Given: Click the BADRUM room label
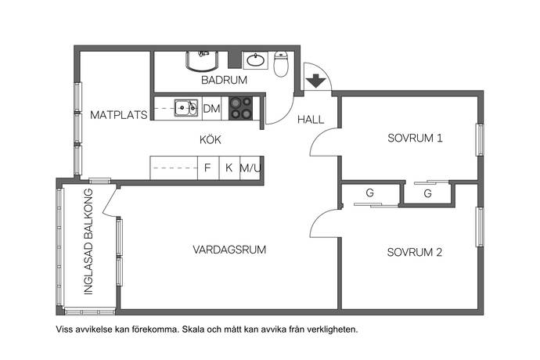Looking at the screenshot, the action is tap(224, 80).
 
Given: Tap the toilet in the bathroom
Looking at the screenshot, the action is tap(281, 64).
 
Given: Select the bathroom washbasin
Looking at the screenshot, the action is tap(255, 60).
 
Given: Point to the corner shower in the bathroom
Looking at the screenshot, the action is tap(203, 61).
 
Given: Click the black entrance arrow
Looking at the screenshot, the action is tap(316, 81).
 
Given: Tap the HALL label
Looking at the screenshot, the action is tap(311, 120).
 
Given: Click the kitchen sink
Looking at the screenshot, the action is tap(186, 108).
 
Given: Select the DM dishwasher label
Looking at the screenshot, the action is tap(211, 109).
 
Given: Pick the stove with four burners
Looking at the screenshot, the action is tap(241, 108).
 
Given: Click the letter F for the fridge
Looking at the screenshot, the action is tap(207, 167).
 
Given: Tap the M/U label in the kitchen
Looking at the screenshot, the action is tap(250, 168).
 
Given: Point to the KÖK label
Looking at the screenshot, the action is tap(210, 139).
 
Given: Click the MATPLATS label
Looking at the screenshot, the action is tap(118, 115).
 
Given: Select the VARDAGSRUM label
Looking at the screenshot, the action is tap(229, 250).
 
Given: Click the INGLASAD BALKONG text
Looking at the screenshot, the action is tap(88, 242).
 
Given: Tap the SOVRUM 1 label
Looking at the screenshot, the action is tap(415, 138).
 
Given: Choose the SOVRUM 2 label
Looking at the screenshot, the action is tap(415, 252).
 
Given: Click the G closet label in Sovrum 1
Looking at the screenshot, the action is tap(428, 193).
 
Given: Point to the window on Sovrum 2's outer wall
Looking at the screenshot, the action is tap(480, 227).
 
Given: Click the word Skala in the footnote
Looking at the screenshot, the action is tap(193, 329).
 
